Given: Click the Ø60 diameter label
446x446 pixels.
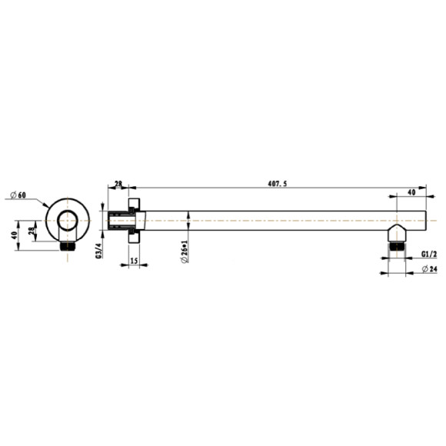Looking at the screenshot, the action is (x=18, y=195).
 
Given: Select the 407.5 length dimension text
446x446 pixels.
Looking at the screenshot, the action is (x=278, y=184).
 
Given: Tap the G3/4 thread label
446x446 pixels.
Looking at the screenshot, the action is (x=98, y=251).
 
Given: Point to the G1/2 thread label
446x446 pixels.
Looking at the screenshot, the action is (x=429, y=254).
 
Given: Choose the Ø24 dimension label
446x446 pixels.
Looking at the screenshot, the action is (x=430, y=269).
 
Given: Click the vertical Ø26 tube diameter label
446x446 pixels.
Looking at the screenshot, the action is (x=185, y=251).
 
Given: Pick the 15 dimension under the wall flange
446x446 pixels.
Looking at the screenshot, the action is (x=134, y=261).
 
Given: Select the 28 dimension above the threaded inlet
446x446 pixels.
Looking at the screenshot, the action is (x=118, y=184).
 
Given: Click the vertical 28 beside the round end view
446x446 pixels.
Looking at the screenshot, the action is (x=32, y=230).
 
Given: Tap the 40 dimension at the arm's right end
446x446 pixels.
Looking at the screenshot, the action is (x=411, y=192).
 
